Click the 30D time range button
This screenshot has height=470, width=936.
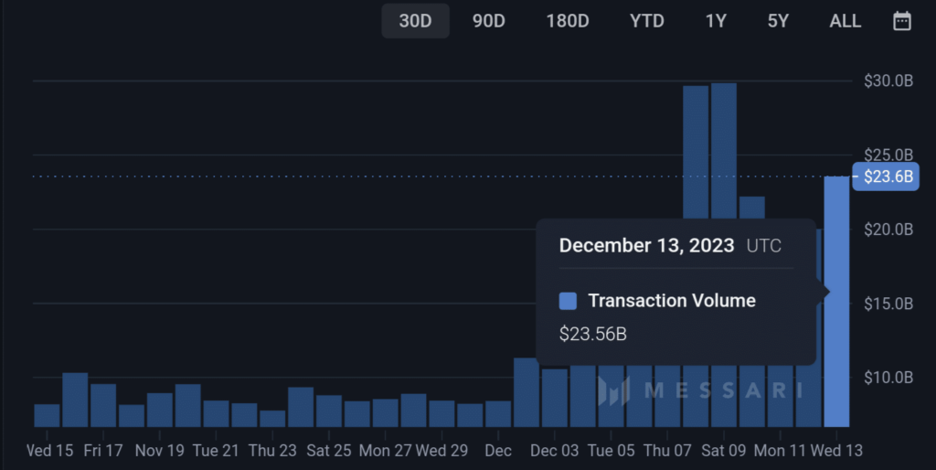415,21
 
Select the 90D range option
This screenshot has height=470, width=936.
489,21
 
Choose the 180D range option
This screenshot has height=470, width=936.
568,21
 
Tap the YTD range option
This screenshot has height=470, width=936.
647,21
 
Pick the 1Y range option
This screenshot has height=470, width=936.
716,21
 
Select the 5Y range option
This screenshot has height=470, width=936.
778,21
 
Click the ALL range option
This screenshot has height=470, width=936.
845,21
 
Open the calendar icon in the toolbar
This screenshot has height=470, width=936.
902,21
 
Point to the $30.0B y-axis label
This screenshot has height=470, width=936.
888,81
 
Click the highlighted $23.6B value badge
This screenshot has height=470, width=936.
884,176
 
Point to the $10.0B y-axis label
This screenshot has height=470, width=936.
888,377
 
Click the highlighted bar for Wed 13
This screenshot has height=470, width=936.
836,302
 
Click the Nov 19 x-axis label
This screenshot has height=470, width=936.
159,451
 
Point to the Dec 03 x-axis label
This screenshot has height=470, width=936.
554,451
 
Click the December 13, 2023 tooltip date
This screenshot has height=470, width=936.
646,245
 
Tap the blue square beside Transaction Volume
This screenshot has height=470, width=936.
568,301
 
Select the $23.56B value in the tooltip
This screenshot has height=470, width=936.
592,334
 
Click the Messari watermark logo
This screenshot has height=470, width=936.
699,390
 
